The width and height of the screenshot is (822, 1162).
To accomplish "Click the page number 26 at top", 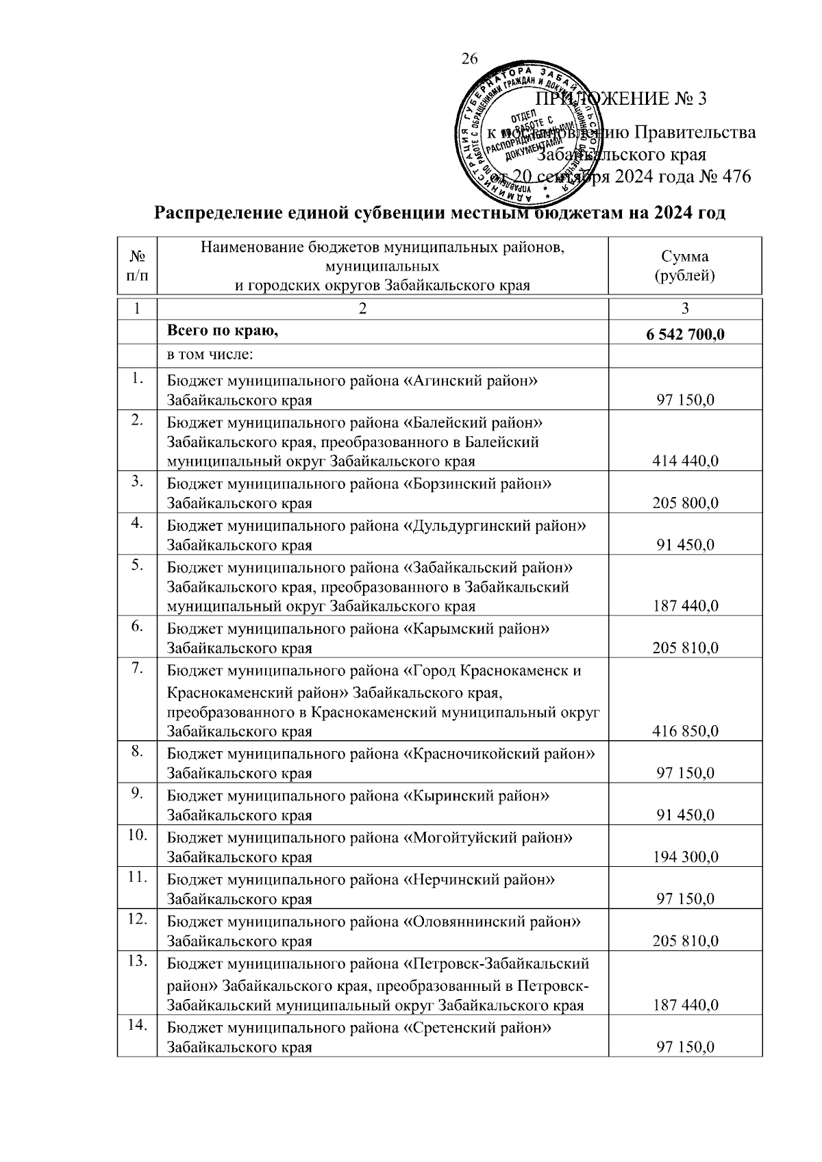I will (469, 59).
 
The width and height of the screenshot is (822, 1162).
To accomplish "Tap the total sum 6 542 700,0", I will (685, 336).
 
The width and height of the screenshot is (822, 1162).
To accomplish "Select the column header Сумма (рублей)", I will (685, 266).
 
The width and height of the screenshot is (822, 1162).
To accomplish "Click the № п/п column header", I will (137, 266).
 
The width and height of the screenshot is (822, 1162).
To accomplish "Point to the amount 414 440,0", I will (685, 462).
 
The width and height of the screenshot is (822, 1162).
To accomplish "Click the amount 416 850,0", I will (685, 731).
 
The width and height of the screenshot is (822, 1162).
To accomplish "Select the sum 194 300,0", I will (685, 857).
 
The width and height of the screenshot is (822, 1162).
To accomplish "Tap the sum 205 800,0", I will (685, 503).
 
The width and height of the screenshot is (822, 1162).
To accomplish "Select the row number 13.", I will (137, 961).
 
